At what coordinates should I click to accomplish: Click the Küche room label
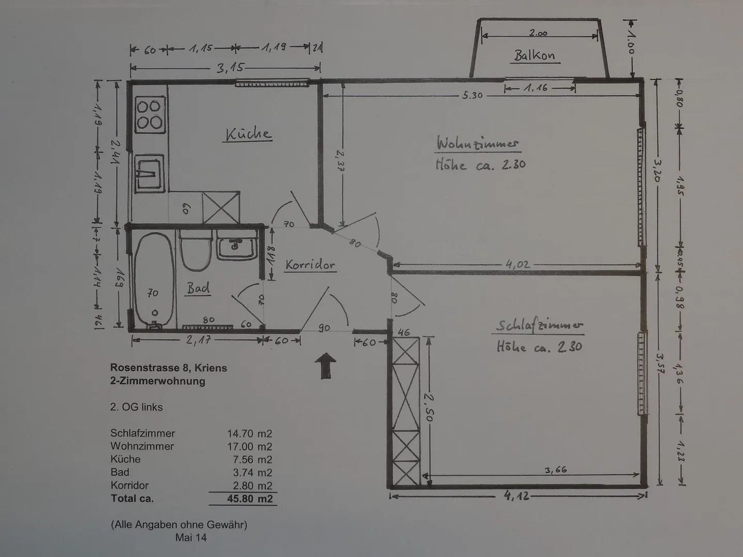tap(248, 134)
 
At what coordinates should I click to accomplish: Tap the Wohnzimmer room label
tap(477, 143)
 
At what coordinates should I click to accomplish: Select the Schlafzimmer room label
tap(539, 325)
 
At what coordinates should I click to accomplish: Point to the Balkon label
tap(535, 56)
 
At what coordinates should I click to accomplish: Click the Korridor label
tap(310, 265)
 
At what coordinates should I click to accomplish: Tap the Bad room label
tap(198, 288)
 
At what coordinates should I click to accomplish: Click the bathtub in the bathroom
tap(154, 281)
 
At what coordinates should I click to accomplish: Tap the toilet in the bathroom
tap(195, 250)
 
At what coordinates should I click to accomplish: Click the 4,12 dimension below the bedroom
tap(518, 496)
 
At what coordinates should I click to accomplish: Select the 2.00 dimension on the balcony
tap(538, 33)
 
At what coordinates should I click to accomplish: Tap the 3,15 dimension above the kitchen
tap(230, 68)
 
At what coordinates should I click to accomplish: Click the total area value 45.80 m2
tap(250, 499)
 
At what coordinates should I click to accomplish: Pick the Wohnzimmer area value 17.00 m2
tap(250, 447)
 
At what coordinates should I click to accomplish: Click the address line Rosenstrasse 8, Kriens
tap(169, 368)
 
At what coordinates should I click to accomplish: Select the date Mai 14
tap(191, 537)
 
